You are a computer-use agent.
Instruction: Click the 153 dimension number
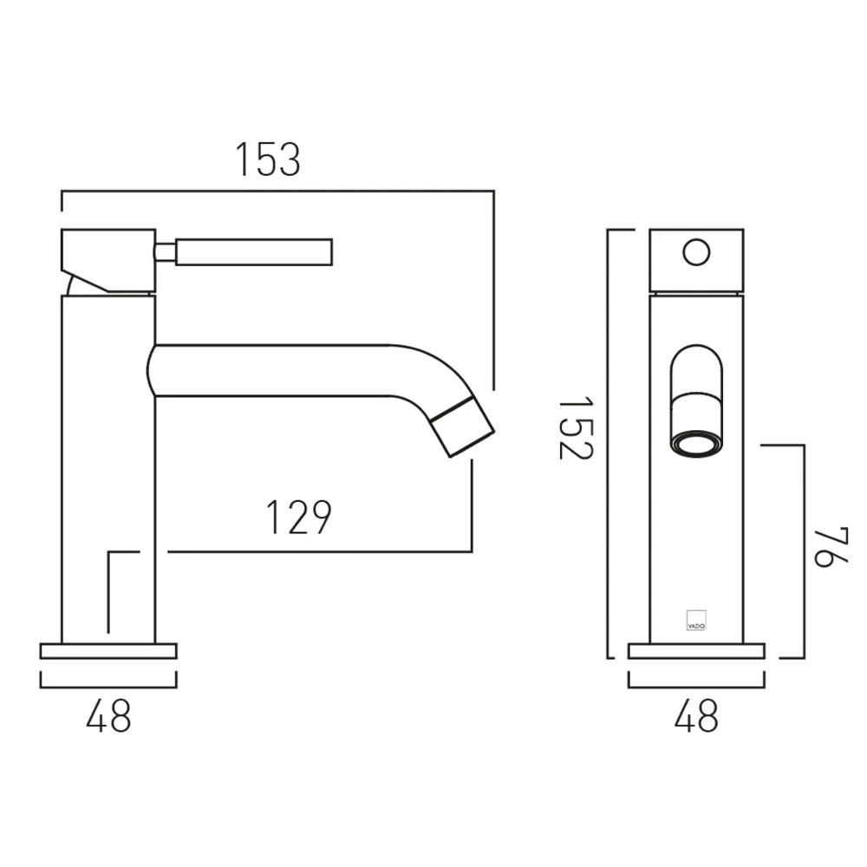[268, 160]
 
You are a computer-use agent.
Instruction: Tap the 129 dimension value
[298, 518]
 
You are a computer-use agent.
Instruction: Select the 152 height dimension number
[576, 427]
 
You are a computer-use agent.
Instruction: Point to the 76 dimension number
[831, 547]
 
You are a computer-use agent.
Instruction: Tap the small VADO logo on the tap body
[696, 621]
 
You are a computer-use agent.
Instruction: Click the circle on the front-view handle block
[696, 252]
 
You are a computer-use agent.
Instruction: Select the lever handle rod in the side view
[254, 252]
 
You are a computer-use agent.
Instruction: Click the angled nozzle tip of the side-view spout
[462, 427]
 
